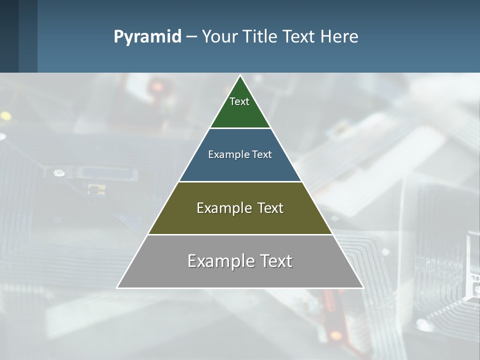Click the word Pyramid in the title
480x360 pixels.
[147, 37]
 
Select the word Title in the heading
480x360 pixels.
[263, 36]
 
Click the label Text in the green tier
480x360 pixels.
[239, 101]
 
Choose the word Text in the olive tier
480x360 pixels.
[270, 208]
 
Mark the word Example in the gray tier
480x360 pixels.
[215, 261]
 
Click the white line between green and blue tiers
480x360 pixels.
[240, 128]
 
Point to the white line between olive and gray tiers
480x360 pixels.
[240, 234]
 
